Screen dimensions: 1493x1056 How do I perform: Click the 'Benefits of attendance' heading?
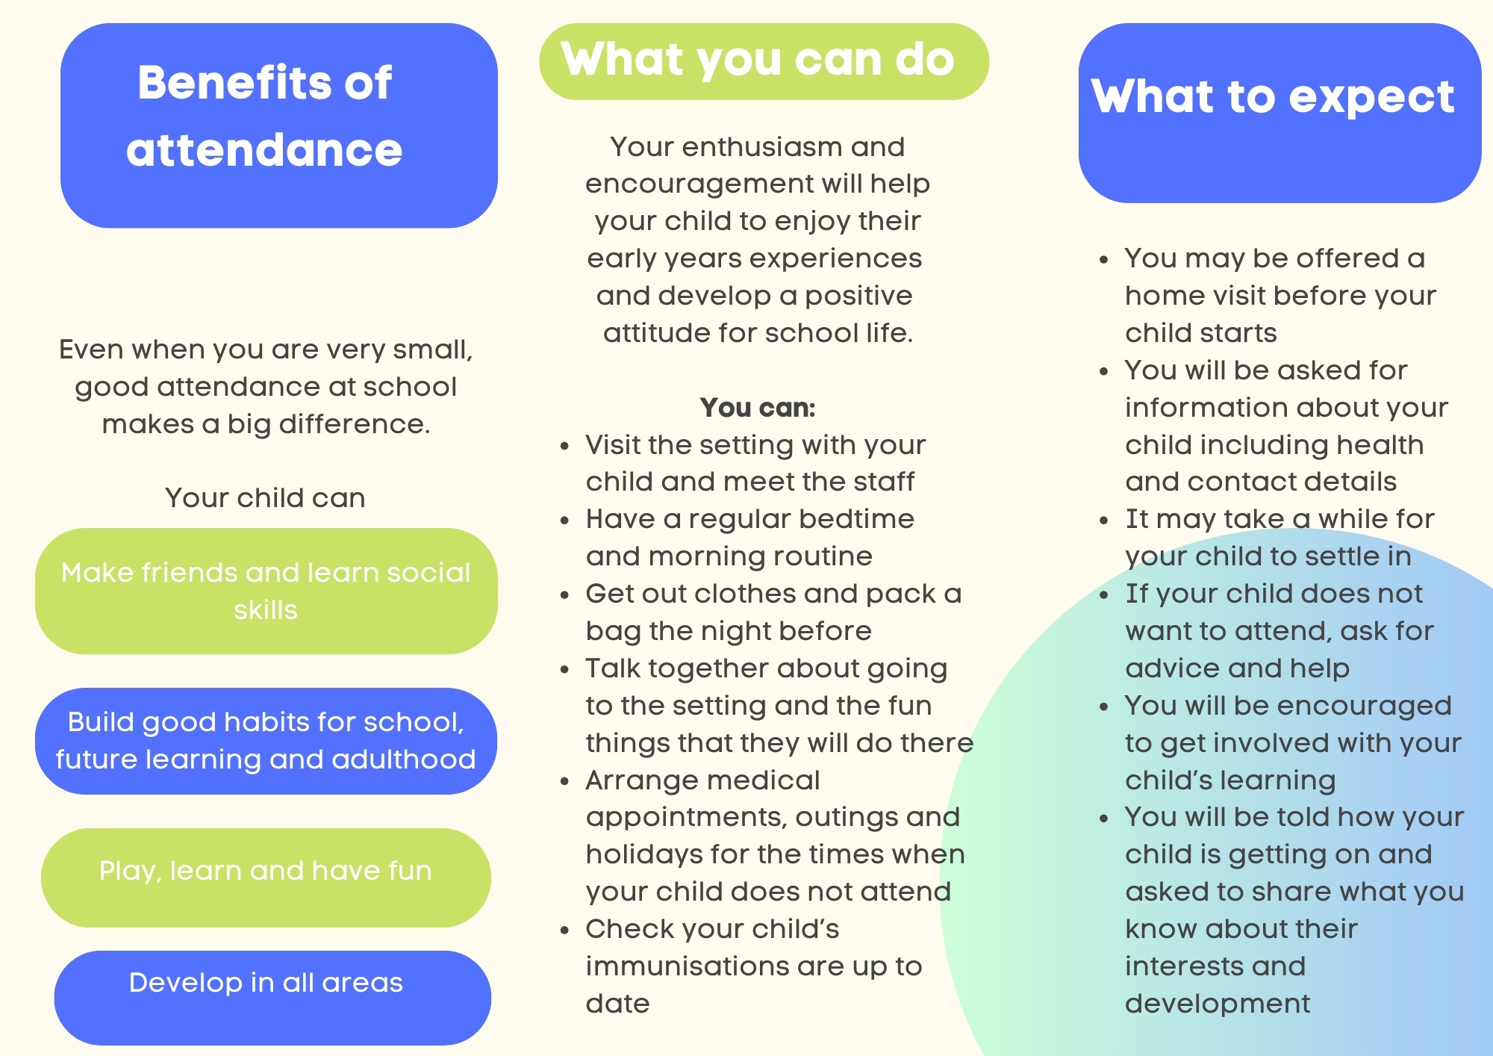(x=265, y=116)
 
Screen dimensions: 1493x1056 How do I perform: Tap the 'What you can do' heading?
(x=758, y=59)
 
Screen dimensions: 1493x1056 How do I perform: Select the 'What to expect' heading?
(x=1273, y=96)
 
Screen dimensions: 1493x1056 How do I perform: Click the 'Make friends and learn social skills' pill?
(x=266, y=591)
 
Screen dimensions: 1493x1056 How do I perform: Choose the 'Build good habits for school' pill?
(x=266, y=741)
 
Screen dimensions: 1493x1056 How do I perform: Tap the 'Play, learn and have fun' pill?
(x=266, y=878)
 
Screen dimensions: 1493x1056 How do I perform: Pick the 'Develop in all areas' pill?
(x=272, y=998)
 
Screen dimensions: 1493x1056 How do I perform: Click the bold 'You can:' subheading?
(x=758, y=408)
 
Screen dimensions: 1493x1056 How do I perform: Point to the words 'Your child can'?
(x=265, y=498)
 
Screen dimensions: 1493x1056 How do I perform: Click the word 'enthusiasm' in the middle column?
(x=761, y=147)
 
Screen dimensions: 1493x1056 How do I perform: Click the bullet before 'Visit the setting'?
(x=565, y=447)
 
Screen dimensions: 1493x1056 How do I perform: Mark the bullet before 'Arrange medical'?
(x=565, y=782)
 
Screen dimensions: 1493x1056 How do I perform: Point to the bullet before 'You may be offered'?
(x=1104, y=260)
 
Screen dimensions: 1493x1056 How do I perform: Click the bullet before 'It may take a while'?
(x=1104, y=521)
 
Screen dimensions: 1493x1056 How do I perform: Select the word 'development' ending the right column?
(x=1218, y=1004)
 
